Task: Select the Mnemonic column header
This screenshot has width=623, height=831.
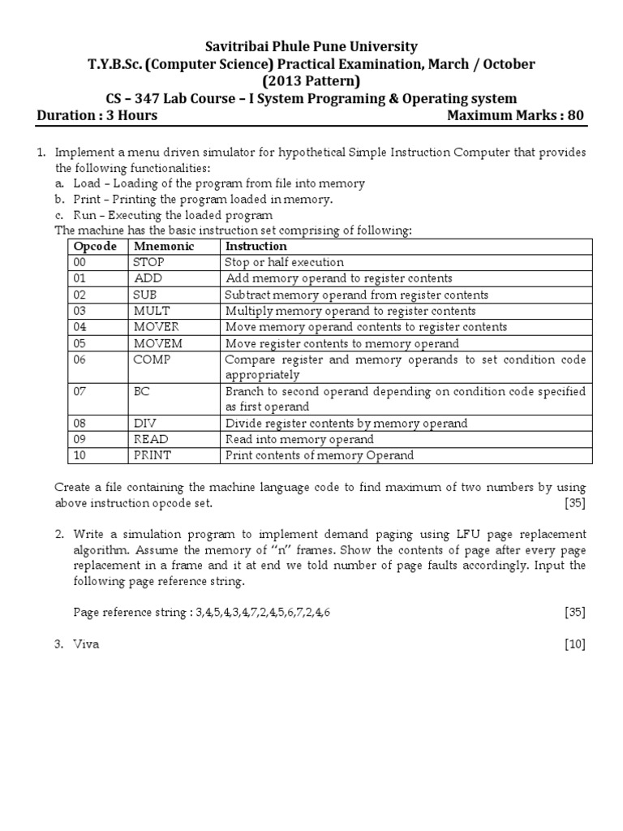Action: (164, 246)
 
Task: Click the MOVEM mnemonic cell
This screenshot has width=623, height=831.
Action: (158, 343)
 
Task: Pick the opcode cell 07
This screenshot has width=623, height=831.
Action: (81, 391)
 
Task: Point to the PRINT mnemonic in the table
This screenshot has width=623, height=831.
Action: (153, 455)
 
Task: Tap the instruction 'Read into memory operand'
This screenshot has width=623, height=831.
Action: (299, 439)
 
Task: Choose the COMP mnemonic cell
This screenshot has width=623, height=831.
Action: (153, 360)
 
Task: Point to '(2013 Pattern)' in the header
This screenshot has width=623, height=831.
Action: (311, 81)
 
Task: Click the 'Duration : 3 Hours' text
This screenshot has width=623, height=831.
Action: (97, 115)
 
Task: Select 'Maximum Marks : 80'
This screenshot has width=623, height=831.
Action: (515, 115)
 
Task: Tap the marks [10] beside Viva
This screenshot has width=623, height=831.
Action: (574, 644)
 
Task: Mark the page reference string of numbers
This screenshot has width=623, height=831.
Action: (261, 612)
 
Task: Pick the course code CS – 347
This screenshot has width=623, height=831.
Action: (135, 98)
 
